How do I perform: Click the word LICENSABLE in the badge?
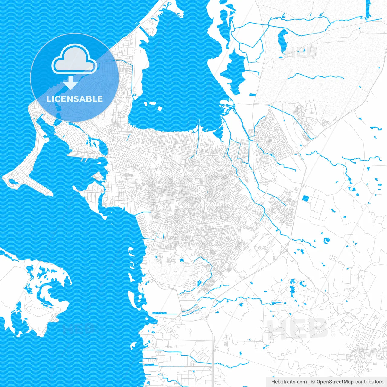tap(75, 99)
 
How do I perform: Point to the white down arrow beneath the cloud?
tap(71, 83)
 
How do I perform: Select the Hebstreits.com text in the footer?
tap(289, 382)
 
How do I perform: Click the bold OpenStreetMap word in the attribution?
tap(335, 382)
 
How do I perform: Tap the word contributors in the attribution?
tap(369, 382)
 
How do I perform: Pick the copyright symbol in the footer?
tap(313, 382)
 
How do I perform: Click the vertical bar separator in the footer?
tap(309, 382)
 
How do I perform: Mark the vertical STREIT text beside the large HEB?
tap(333, 327)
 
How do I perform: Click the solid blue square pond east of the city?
tap(306, 198)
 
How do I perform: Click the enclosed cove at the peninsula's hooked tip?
tap(12, 182)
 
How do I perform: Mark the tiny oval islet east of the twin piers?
tap(99, 162)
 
